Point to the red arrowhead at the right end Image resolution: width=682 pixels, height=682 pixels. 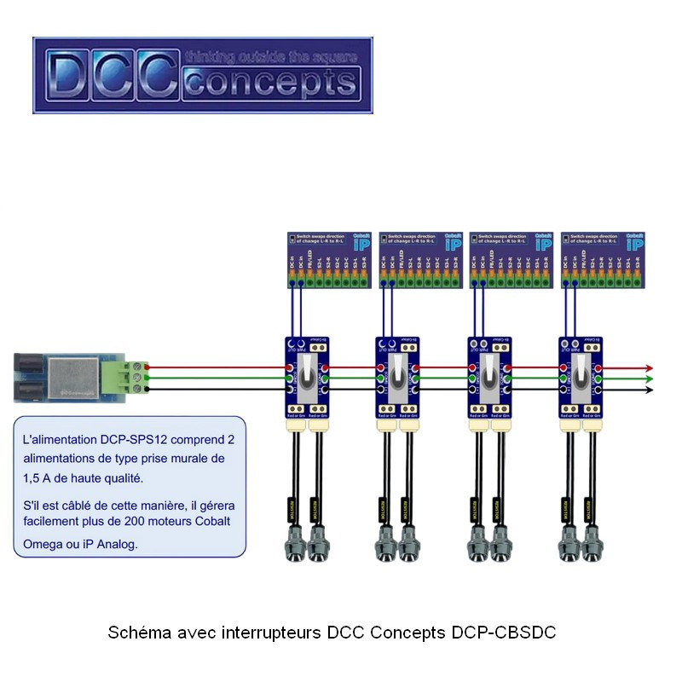(648, 367)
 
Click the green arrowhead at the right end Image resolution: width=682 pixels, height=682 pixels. (648, 379)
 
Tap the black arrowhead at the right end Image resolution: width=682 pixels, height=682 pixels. (648, 390)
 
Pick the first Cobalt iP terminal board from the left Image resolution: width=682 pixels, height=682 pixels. (329, 259)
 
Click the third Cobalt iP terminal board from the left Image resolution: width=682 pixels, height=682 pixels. (513, 259)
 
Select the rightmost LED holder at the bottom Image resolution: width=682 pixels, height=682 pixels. (591, 544)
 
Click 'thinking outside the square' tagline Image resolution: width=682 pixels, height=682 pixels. (271, 57)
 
